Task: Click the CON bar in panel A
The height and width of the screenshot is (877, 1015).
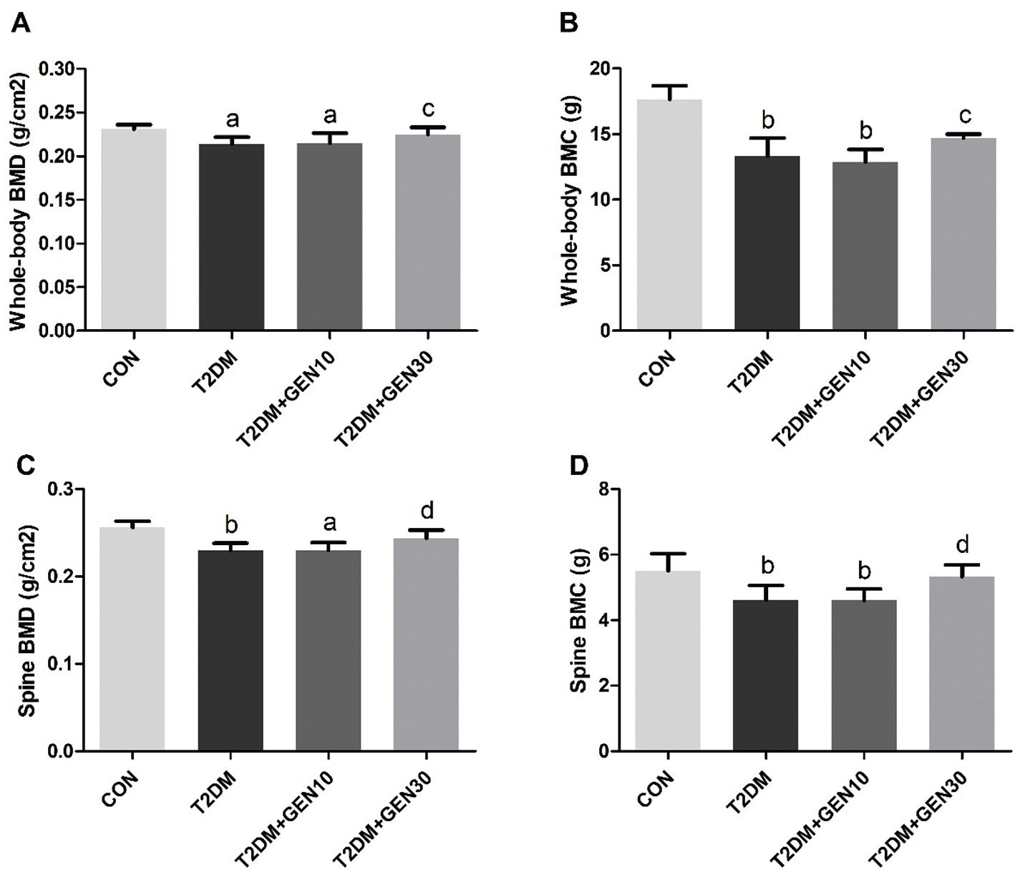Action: (x=134, y=229)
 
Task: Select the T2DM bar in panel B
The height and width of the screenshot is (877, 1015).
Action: (x=767, y=243)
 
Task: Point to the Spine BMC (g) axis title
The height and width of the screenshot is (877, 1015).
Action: (x=578, y=621)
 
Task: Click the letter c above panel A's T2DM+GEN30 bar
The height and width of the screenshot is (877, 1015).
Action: (x=427, y=109)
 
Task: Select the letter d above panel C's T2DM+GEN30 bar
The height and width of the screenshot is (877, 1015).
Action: (x=427, y=511)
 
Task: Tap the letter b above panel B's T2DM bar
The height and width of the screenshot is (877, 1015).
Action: (x=767, y=119)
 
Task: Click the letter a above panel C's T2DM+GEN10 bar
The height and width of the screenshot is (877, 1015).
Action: (x=329, y=523)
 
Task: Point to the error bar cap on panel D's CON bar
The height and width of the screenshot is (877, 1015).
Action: (x=668, y=554)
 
